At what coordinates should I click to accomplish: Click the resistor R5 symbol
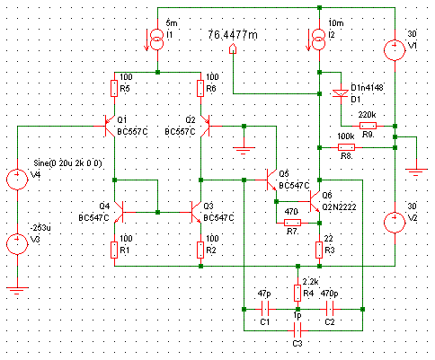114,88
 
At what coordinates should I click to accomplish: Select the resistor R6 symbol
200,88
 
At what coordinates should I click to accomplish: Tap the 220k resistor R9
368,126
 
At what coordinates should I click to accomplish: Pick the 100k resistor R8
346,147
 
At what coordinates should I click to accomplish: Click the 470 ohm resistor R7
292,223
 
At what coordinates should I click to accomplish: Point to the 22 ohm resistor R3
319,250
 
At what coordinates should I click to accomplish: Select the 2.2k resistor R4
297,293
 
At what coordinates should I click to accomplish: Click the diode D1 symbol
341,93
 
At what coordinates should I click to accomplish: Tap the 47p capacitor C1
264,309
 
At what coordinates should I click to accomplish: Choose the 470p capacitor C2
330,309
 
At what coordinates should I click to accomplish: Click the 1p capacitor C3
297,330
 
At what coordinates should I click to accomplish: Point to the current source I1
157,39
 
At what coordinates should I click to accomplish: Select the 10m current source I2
319,39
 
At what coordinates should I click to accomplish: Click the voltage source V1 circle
395,49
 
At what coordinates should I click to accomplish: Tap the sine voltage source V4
17,179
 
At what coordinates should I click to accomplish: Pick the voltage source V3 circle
17,243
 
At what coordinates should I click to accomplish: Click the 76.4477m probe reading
233,35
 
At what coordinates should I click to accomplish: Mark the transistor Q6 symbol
314,201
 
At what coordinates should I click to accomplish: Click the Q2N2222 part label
339,207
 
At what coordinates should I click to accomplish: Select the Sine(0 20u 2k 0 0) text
67,163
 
